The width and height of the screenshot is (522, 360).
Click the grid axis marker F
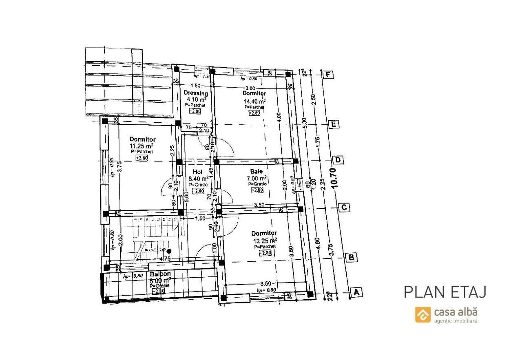327,75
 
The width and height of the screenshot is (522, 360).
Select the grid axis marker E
333,124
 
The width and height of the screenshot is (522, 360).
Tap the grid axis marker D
338,159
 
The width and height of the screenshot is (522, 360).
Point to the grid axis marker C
345,208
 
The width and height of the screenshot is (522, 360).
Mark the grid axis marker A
356,292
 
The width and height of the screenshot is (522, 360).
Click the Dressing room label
196,93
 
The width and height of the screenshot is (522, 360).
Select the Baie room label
257,172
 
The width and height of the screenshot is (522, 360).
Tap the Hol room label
198,172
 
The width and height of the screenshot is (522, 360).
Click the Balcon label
160,274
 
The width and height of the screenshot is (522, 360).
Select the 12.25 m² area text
265,241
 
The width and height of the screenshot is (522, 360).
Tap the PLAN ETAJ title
445,292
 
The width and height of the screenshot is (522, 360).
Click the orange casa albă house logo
423,314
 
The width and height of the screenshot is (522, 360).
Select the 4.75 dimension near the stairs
165,258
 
